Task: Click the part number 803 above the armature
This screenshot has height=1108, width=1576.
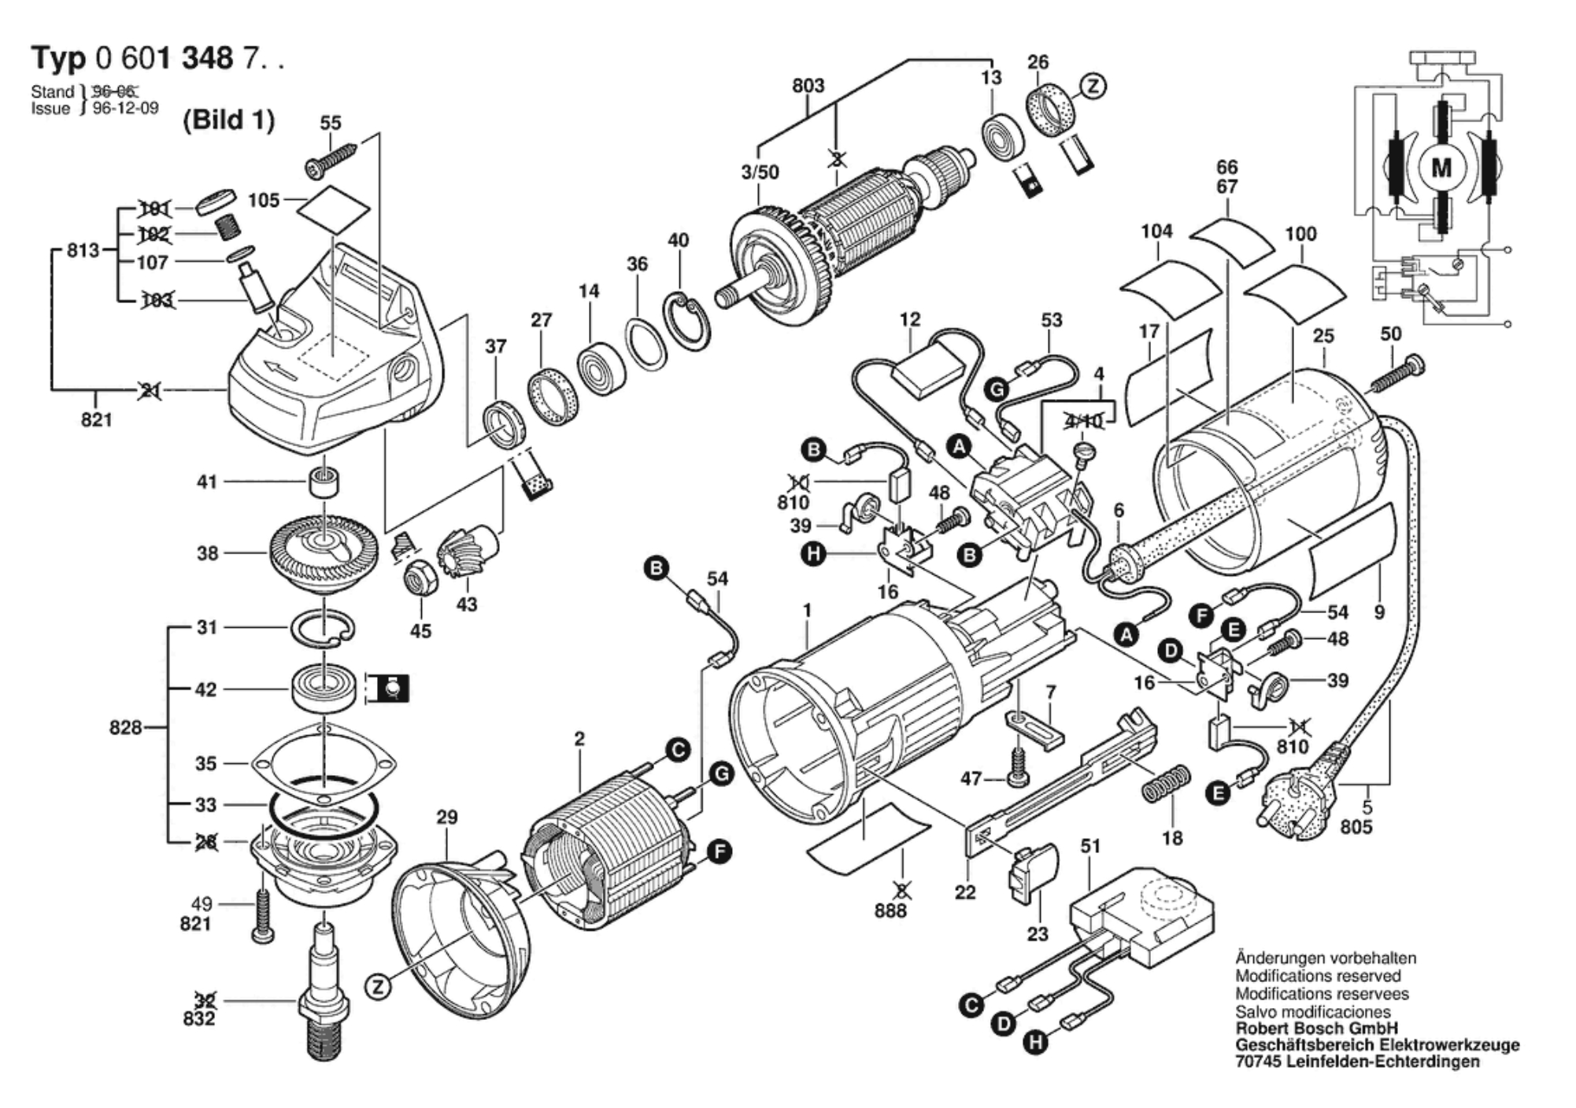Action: coord(808,85)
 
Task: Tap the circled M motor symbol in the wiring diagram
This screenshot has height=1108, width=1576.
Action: coord(1441,168)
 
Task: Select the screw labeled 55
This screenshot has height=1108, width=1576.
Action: coord(331,158)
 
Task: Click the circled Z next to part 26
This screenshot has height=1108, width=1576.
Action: coord(1092,86)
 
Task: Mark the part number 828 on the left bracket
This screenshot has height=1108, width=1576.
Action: coord(126,727)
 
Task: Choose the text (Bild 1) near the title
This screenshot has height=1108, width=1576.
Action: coord(228,120)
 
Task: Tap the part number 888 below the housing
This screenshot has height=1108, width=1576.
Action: coord(890,910)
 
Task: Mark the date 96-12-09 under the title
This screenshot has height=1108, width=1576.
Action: coord(126,109)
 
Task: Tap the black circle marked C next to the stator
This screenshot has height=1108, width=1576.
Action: coord(678,750)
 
